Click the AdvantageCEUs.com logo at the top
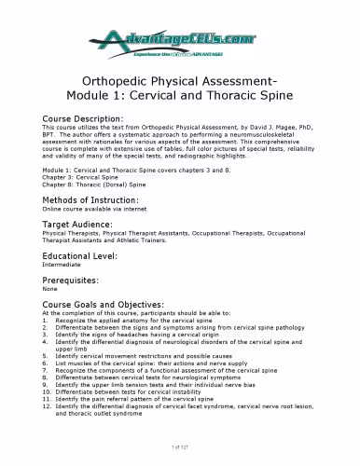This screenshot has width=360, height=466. pos(179,38)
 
